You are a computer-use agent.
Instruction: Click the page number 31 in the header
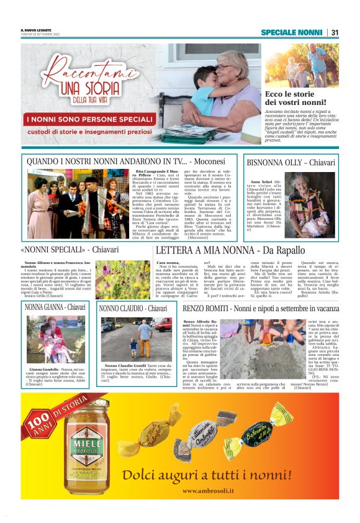pyautogui.click(x=334, y=32)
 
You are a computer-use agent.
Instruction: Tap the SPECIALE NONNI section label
pyautogui.click(x=291, y=32)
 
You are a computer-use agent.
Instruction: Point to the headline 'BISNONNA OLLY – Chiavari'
pyautogui.click(x=282, y=162)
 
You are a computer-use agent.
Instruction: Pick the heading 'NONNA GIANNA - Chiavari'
pyautogui.click(x=56, y=307)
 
